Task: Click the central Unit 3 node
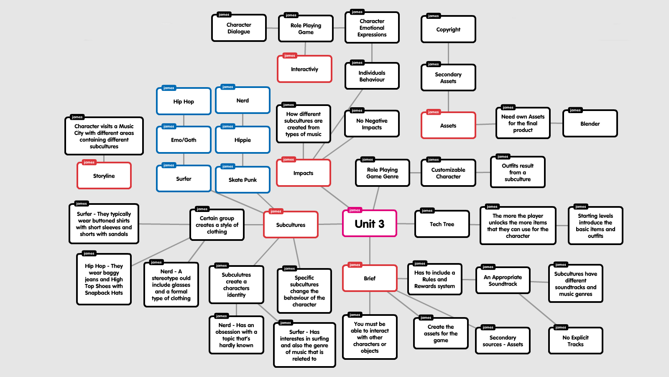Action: coord(370,224)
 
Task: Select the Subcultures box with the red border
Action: coord(291,225)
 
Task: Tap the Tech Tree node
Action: coord(442,224)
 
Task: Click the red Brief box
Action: coord(370,278)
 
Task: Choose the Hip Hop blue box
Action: coord(184,101)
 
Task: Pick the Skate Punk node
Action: coord(243,180)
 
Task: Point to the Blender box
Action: coord(590,124)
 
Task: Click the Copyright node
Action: coord(448,29)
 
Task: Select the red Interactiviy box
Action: coord(304,69)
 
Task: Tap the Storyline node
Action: coord(104,176)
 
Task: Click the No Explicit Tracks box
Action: coord(575,341)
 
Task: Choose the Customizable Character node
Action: coord(448,173)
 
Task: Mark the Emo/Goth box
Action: coord(184,140)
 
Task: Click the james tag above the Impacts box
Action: coord(289,160)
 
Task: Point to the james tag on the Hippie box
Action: coord(228,127)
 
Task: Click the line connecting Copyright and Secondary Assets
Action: coord(448,53)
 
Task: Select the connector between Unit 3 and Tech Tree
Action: coord(406,224)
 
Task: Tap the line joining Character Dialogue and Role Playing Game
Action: coord(272,28)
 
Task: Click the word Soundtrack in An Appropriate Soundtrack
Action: coord(503,284)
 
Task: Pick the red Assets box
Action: coord(448,126)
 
